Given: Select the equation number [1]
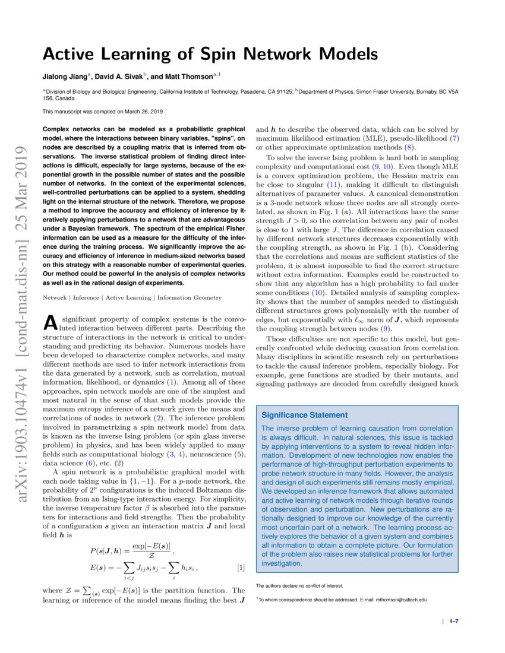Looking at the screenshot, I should pyautogui.click(x=241, y=568).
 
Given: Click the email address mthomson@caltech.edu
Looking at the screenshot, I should pyautogui.click(x=402, y=600).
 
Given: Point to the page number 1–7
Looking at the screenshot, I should pyautogui.click(x=454, y=622).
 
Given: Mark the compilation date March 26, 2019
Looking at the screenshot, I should pyautogui.click(x=136, y=111).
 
